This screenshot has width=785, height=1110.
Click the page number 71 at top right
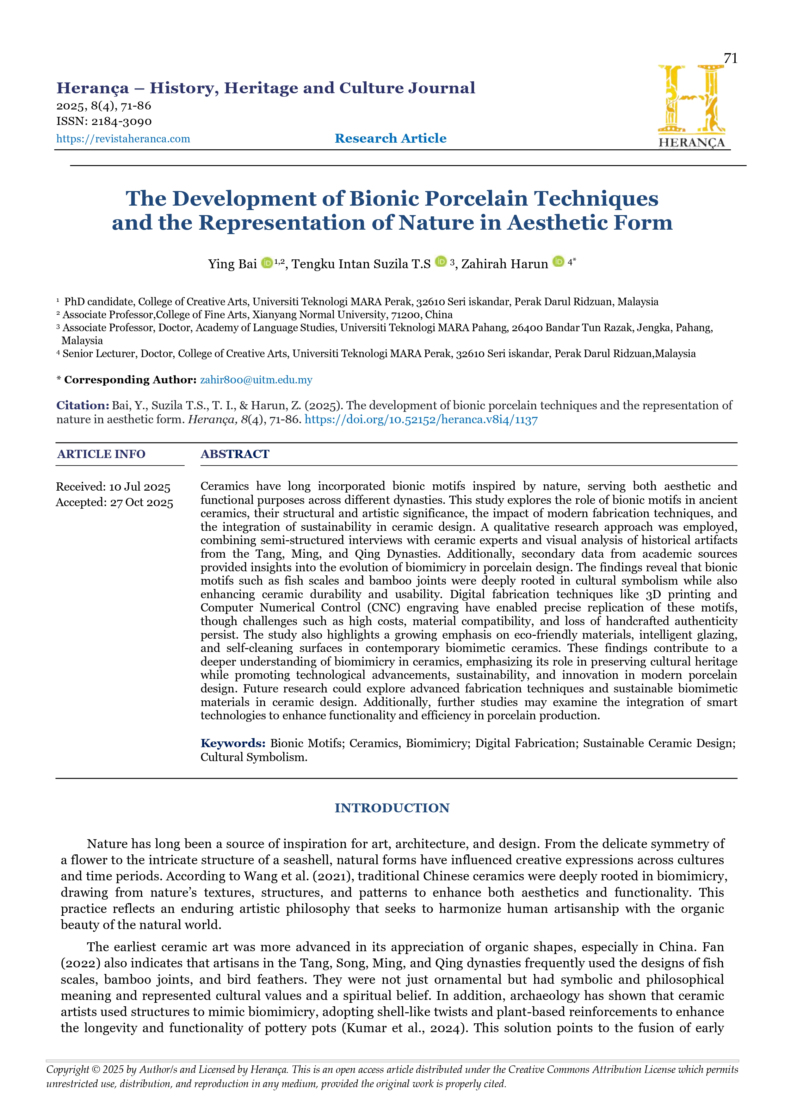click(730, 59)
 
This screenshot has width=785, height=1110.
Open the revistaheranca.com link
click(123, 139)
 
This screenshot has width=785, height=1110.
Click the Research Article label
click(391, 138)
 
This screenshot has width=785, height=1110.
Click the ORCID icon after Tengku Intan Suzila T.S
click(440, 262)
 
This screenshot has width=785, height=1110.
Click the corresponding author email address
click(256, 380)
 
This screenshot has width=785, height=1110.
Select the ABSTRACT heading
click(235, 454)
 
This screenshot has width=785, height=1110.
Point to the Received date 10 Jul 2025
click(139, 487)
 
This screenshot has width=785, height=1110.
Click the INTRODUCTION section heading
click(392, 808)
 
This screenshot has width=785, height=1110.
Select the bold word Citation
click(82, 405)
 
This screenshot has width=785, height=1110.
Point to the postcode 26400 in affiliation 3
click(527, 328)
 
